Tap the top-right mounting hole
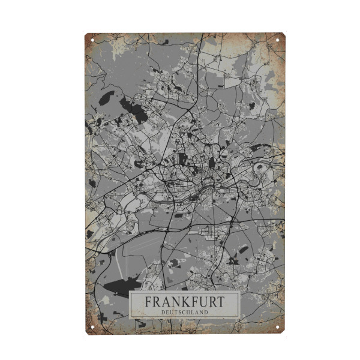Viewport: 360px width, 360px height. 278,40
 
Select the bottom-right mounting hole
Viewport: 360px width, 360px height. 278,327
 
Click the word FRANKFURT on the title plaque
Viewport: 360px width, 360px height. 184,302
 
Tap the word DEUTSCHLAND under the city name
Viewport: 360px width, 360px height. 184,312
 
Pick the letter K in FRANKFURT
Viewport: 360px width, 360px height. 179,302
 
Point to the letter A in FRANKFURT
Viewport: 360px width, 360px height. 164,302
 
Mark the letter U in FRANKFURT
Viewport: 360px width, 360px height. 198,302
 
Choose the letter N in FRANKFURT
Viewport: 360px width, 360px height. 172,302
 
